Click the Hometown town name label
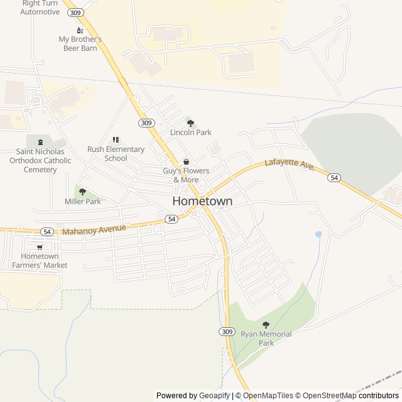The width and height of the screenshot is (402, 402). tap(202, 202)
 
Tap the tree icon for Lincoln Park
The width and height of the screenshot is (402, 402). tap(191, 122)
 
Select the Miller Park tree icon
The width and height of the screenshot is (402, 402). tap(82, 192)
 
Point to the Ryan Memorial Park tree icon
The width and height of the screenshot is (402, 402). tap(266, 325)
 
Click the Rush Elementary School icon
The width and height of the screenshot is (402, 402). tap(116, 139)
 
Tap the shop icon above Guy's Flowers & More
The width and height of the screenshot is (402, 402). tap(186, 161)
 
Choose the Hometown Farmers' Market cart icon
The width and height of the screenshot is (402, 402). tap(40, 247)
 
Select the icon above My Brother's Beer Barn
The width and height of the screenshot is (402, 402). tap(80, 30)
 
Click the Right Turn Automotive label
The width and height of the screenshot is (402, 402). tap(40, 8)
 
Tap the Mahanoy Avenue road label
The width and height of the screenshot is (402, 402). tap(94, 229)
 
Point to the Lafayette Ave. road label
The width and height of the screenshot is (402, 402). tap(289, 165)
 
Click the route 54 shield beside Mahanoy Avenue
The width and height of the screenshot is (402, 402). tap(46, 232)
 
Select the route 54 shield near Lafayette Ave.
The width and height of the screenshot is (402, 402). tap(334, 178)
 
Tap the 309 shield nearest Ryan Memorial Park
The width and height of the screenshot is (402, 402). tap(227, 331)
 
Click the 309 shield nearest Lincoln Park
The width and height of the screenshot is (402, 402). tap(146, 123)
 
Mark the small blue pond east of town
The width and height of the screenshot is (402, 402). tap(318, 234)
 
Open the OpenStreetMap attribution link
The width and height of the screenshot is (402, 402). tap(330, 396)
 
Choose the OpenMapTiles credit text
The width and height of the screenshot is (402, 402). tap(266, 396)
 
